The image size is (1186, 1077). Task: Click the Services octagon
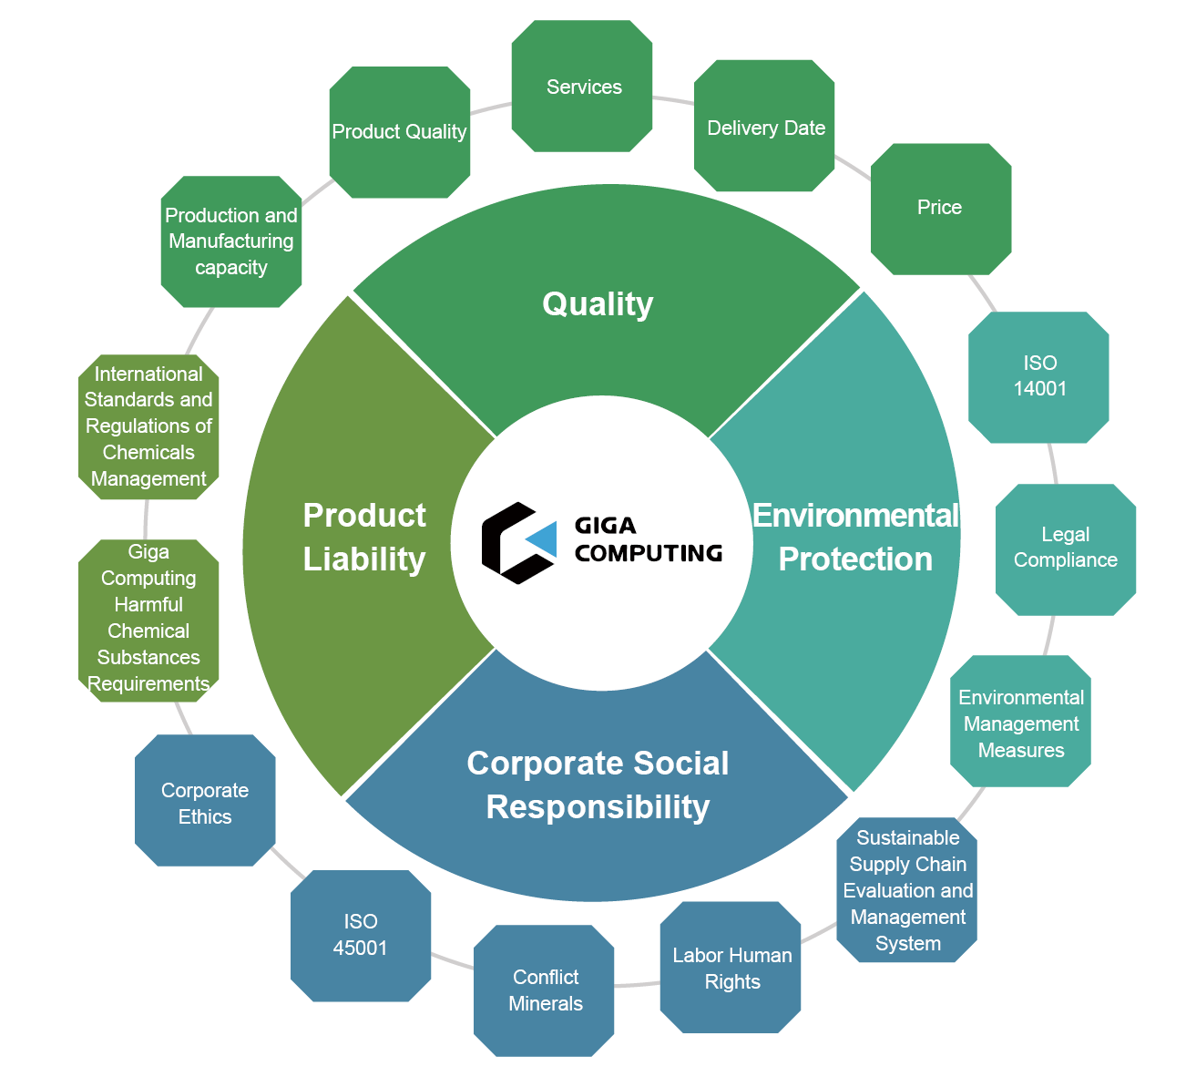(x=582, y=87)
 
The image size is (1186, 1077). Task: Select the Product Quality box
(x=399, y=132)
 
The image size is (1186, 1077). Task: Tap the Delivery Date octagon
(x=765, y=127)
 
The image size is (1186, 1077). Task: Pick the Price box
(x=940, y=208)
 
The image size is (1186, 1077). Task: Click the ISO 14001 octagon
(x=1038, y=377)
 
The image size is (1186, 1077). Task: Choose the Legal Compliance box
(x=1065, y=549)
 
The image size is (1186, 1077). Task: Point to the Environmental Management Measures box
(x=1020, y=722)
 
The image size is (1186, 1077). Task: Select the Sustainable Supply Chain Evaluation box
(x=907, y=890)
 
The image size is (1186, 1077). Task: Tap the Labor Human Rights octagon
(x=731, y=967)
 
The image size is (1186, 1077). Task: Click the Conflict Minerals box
(x=545, y=990)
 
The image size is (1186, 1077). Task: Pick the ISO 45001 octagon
(x=361, y=936)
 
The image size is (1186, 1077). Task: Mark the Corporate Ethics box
(x=205, y=802)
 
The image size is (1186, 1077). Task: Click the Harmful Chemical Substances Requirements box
(x=148, y=620)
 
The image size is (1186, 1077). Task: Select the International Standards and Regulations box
(x=148, y=426)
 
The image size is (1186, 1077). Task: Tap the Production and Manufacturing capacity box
(x=231, y=241)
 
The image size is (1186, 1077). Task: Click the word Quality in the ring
(x=598, y=303)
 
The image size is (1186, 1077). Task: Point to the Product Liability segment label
(x=364, y=538)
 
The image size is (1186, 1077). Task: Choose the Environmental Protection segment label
(x=855, y=538)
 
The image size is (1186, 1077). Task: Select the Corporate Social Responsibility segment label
(x=598, y=785)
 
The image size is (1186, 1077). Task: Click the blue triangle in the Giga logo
(x=544, y=540)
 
